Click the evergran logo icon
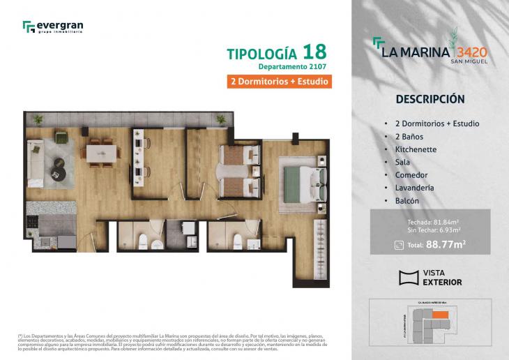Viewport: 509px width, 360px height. tap(29, 27)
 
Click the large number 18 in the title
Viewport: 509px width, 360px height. tap(314, 52)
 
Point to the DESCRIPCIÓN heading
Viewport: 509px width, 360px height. tap(430, 99)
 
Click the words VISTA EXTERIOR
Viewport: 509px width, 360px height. tap(443, 278)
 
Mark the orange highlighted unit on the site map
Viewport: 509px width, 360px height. tap(440, 316)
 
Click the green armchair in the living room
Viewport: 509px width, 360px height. tap(62, 137)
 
